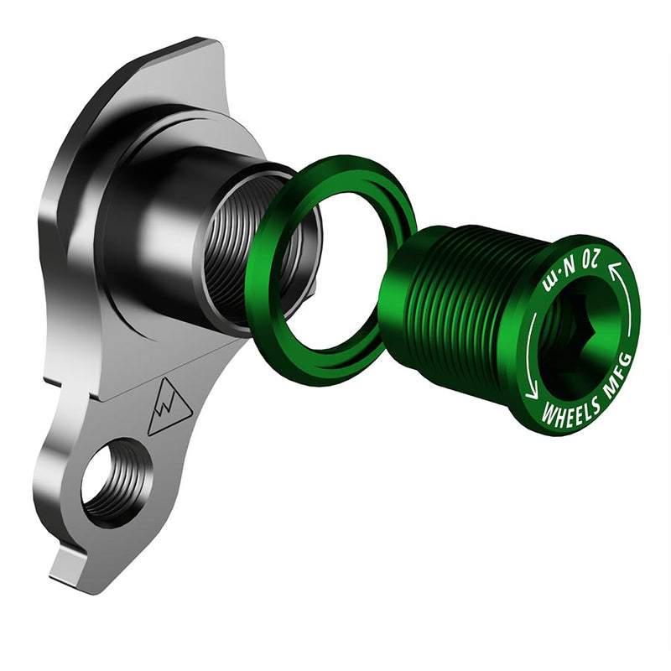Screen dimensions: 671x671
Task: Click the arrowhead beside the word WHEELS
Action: click(x=531, y=392)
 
